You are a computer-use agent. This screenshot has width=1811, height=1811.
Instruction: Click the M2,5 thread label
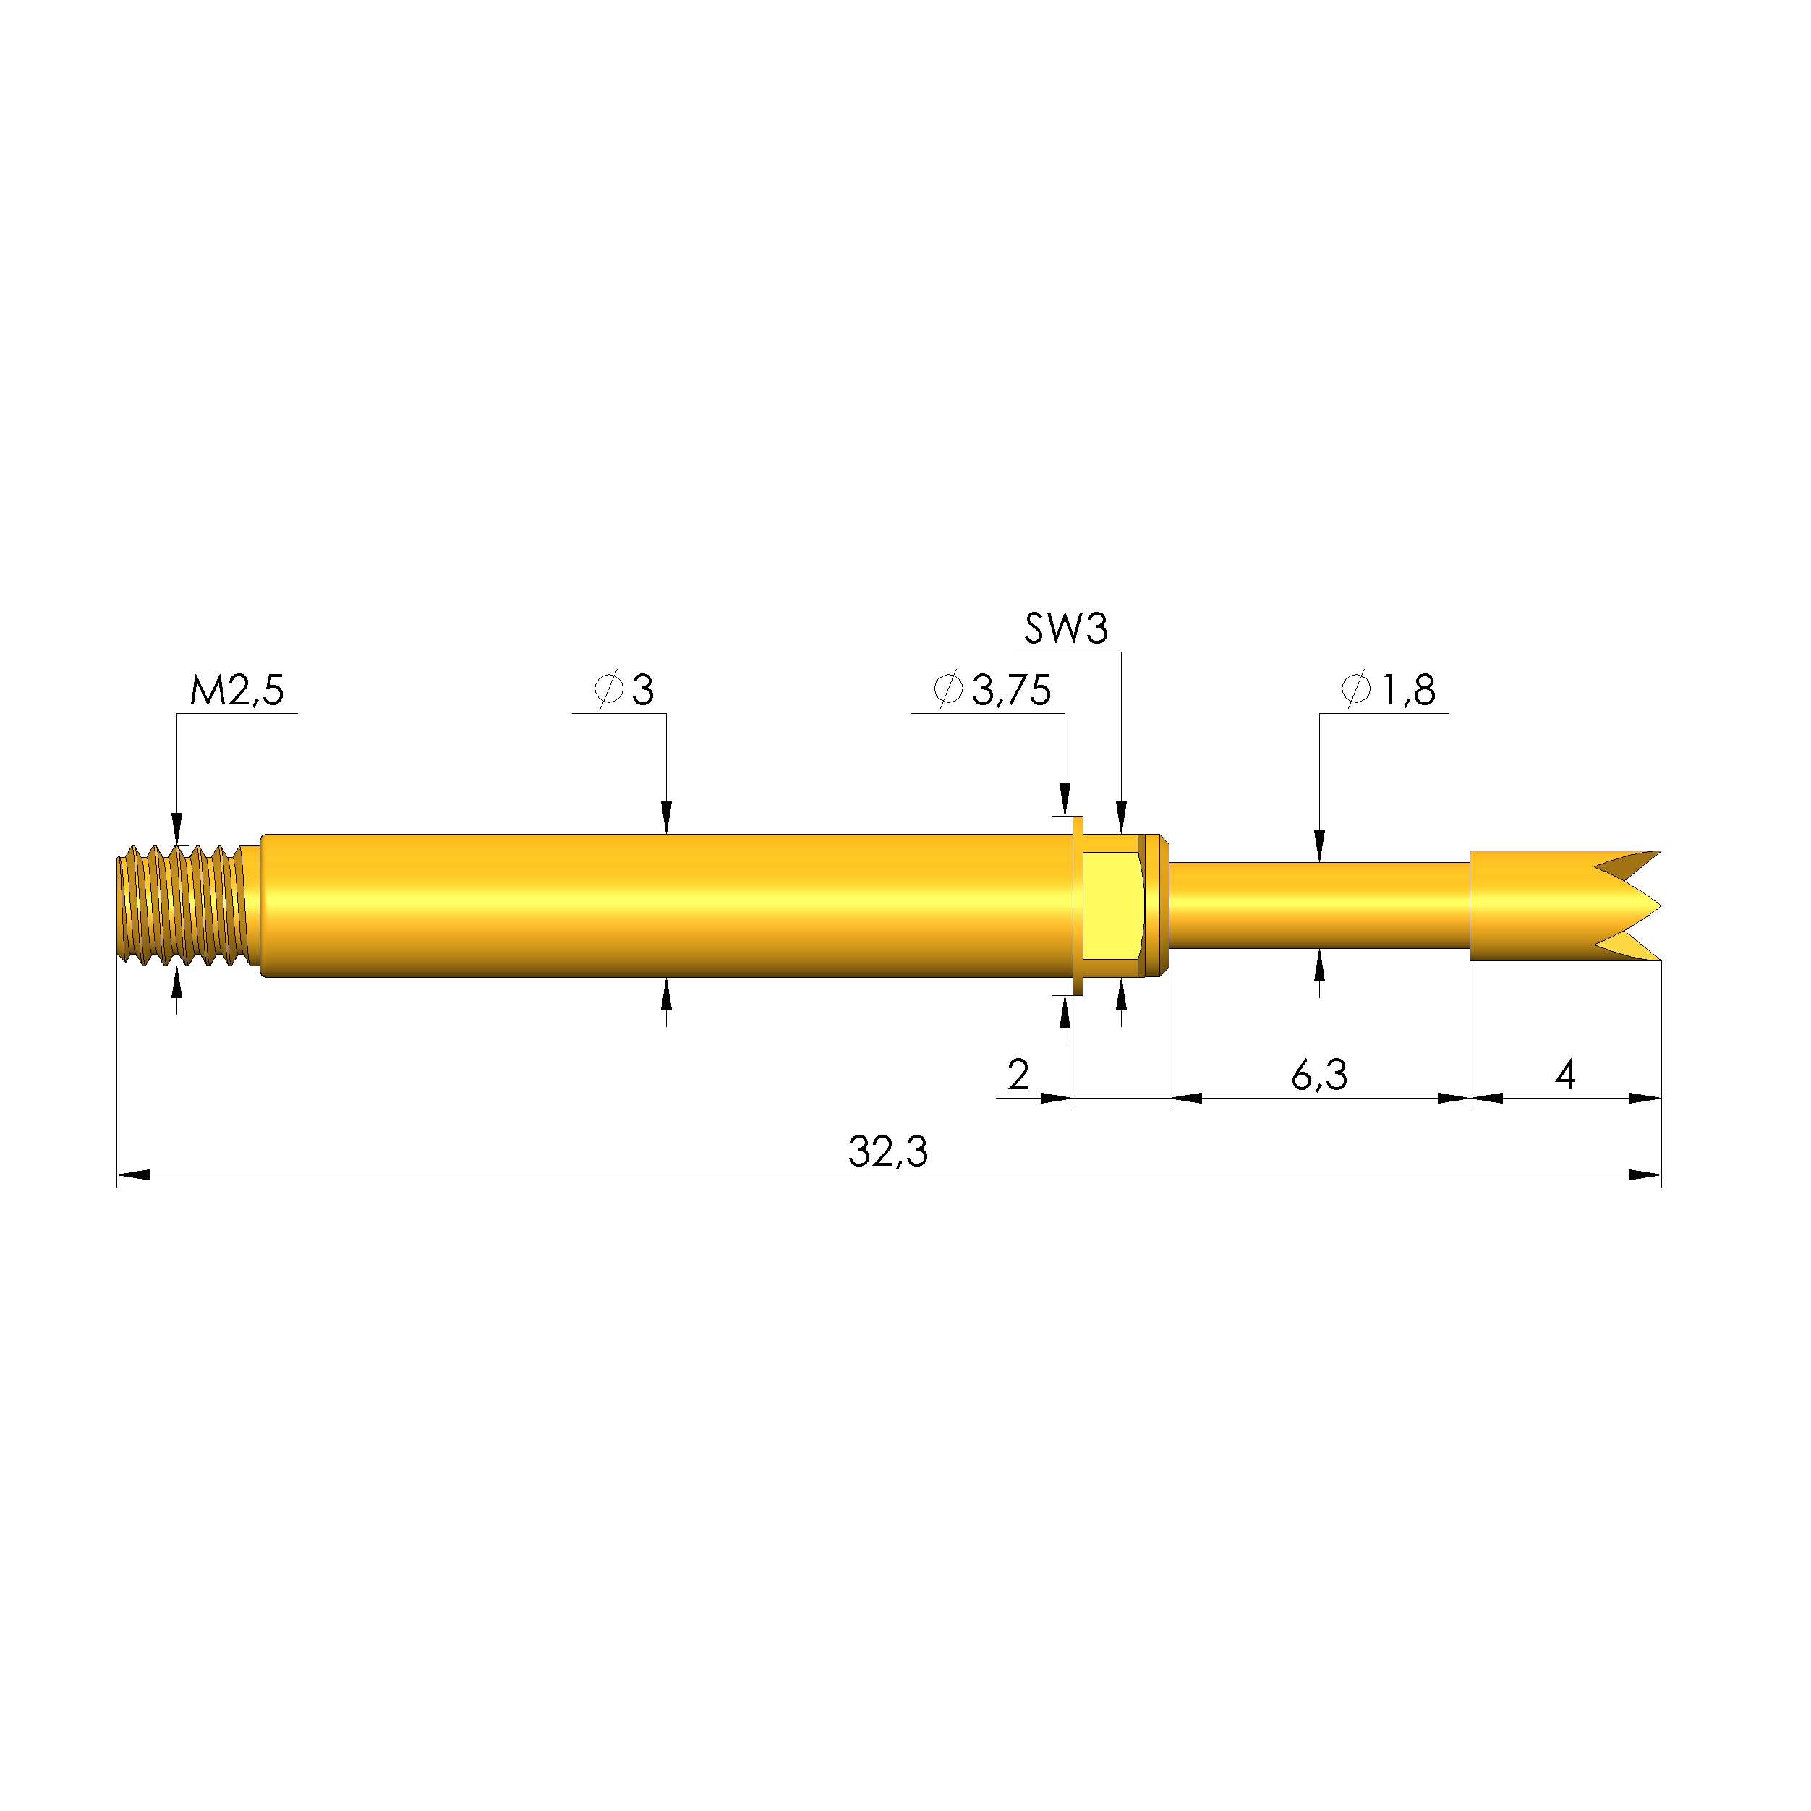(x=237, y=691)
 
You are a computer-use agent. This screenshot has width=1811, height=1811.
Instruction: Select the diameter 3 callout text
(x=625, y=691)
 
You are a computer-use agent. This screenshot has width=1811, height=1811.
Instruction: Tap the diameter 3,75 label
(x=994, y=691)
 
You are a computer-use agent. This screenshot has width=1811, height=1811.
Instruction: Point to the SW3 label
(x=1066, y=629)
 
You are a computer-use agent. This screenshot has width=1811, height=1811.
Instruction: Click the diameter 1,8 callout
(x=1390, y=691)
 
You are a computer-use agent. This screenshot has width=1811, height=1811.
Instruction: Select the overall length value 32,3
(x=887, y=1152)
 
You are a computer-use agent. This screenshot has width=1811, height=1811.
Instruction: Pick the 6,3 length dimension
(x=1319, y=1075)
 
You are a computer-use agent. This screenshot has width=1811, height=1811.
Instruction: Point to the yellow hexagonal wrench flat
(x=1112, y=905)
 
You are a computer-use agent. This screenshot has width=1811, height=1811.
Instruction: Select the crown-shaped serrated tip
(x=1565, y=905)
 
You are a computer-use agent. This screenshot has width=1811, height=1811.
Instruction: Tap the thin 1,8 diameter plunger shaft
(x=1319, y=905)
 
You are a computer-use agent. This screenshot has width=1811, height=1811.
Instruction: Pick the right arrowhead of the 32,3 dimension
(x=1646, y=1175)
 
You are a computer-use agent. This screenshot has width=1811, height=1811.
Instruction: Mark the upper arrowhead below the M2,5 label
(x=177, y=830)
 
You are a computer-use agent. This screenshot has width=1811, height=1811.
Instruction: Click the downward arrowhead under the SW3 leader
(x=1121, y=817)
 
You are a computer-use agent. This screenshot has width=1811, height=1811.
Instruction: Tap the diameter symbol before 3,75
(x=949, y=690)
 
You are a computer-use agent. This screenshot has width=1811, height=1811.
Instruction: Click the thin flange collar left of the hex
(x=1078, y=905)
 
